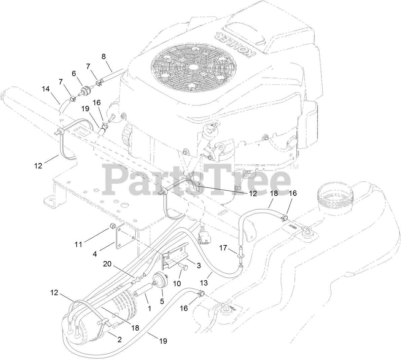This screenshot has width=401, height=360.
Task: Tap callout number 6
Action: pyautogui.click(x=74, y=73)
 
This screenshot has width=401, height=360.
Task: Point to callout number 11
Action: pyautogui.click(x=79, y=244)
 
